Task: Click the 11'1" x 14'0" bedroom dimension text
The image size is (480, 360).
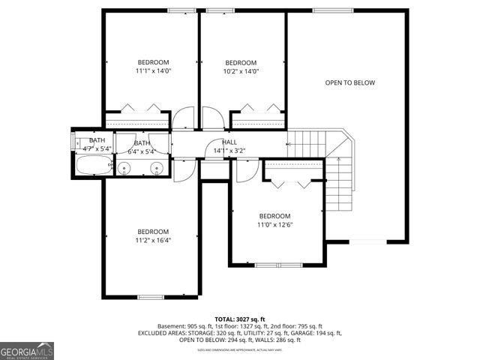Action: (x=153, y=71)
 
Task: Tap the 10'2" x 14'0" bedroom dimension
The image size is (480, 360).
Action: (x=241, y=71)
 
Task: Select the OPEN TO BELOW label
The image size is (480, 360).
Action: (x=349, y=82)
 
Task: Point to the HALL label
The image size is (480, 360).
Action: (x=229, y=142)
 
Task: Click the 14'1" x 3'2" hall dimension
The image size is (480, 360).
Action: (x=229, y=151)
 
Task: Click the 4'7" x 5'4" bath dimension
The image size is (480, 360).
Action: (x=97, y=148)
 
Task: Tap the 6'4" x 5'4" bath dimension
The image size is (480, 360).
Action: (x=142, y=151)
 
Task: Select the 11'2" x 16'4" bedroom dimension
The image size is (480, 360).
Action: (x=153, y=241)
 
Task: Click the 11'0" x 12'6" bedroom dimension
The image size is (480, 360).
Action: (x=275, y=224)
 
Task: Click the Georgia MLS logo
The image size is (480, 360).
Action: (x=27, y=350)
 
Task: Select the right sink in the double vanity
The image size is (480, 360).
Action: (x=157, y=167)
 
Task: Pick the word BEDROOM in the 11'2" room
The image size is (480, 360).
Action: (x=153, y=231)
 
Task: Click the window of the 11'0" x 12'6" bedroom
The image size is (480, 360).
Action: (x=277, y=264)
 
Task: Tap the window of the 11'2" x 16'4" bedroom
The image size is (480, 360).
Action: (x=151, y=298)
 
